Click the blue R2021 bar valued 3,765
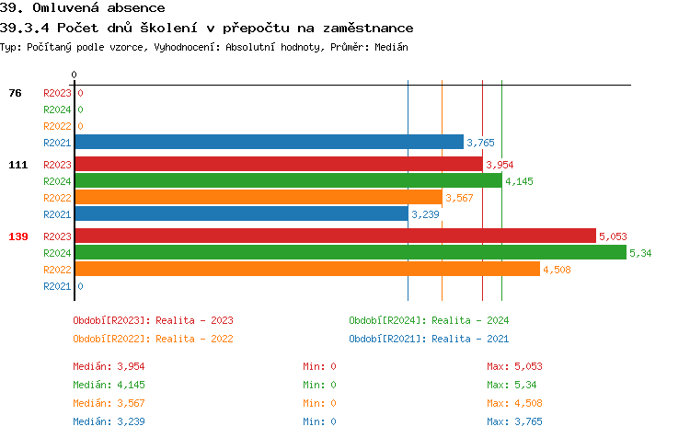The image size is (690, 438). tap(269, 142)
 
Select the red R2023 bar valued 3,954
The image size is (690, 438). tap(278, 164)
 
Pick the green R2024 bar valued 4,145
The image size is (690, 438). tap(288, 180)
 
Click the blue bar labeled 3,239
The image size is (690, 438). tap(241, 213)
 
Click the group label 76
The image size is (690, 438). tap(15, 93)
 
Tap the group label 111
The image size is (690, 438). tap(17, 165)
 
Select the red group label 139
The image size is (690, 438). tap(17, 236)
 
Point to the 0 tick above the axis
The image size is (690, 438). tap(75, 75)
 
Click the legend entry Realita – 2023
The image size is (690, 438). tap(153, 320)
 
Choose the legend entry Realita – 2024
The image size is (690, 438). tap(429, 320)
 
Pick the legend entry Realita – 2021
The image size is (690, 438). tap(429, 338)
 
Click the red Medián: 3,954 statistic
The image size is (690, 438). tap(109, 366)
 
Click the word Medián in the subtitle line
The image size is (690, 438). tap(390, 46)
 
